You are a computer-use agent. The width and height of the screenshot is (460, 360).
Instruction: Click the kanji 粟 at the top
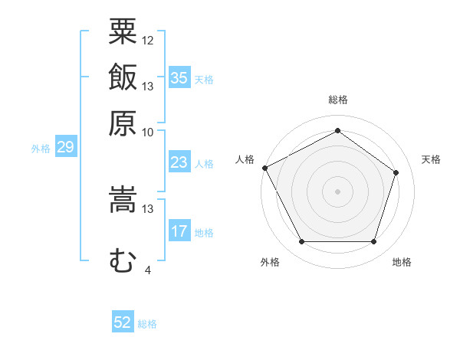coord(123,31)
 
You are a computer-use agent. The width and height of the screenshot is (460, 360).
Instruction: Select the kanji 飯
coord(123,77)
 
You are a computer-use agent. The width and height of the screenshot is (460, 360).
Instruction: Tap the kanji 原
coord(123,123)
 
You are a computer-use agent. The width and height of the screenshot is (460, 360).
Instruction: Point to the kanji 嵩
coord(123,199)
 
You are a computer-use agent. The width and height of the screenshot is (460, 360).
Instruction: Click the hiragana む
coord(123,260)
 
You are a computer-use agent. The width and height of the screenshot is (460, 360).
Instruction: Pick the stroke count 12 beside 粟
coord(147,41)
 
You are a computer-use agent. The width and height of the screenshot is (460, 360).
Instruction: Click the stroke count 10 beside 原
coord(147,133)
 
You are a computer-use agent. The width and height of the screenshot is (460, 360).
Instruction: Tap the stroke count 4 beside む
coord(148,270)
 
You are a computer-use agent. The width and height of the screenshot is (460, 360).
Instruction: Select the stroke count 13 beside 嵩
coord(147,209)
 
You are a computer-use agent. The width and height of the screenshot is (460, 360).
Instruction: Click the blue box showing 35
coord(179,77)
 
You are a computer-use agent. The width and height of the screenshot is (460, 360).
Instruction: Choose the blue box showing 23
coord(179,162)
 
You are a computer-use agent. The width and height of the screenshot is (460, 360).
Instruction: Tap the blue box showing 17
coord(179,230)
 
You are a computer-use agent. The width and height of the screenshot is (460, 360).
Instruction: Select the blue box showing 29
coord(66,146)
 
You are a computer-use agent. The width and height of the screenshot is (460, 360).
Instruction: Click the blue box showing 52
coord(123,321)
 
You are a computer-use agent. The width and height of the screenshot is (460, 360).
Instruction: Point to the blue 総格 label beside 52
coord(147,324)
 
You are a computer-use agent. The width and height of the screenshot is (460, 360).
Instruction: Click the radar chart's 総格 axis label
coord(338,100)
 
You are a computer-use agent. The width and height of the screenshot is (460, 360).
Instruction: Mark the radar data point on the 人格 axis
coord(265,168)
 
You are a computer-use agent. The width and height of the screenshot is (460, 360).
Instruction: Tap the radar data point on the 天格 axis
coord(396,172)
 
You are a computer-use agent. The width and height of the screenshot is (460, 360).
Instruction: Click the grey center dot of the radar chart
coord(337,191)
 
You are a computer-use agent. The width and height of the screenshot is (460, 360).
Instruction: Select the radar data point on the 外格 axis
coord(302,241)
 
